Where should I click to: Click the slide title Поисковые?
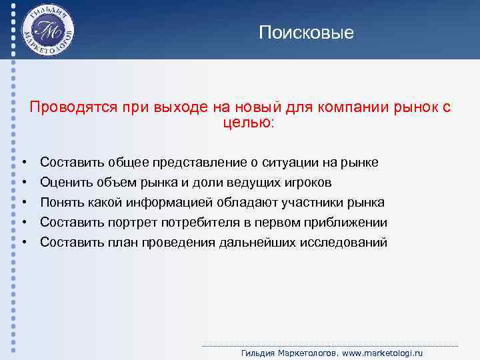[307, 32]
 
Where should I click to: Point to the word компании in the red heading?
[351, 107]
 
